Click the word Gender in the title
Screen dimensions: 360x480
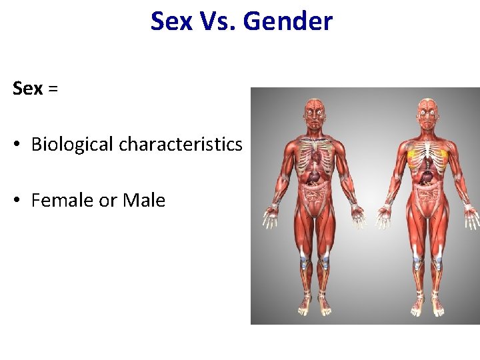click(287, 21)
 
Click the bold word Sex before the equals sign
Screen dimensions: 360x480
click(27, 88)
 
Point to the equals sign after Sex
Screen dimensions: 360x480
click(53, 89)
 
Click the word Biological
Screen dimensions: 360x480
click(73, 144)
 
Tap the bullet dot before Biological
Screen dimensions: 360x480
click(19, 145)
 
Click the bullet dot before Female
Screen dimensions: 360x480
click(19, 201)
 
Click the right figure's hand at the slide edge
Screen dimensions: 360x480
click(472, 217)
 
